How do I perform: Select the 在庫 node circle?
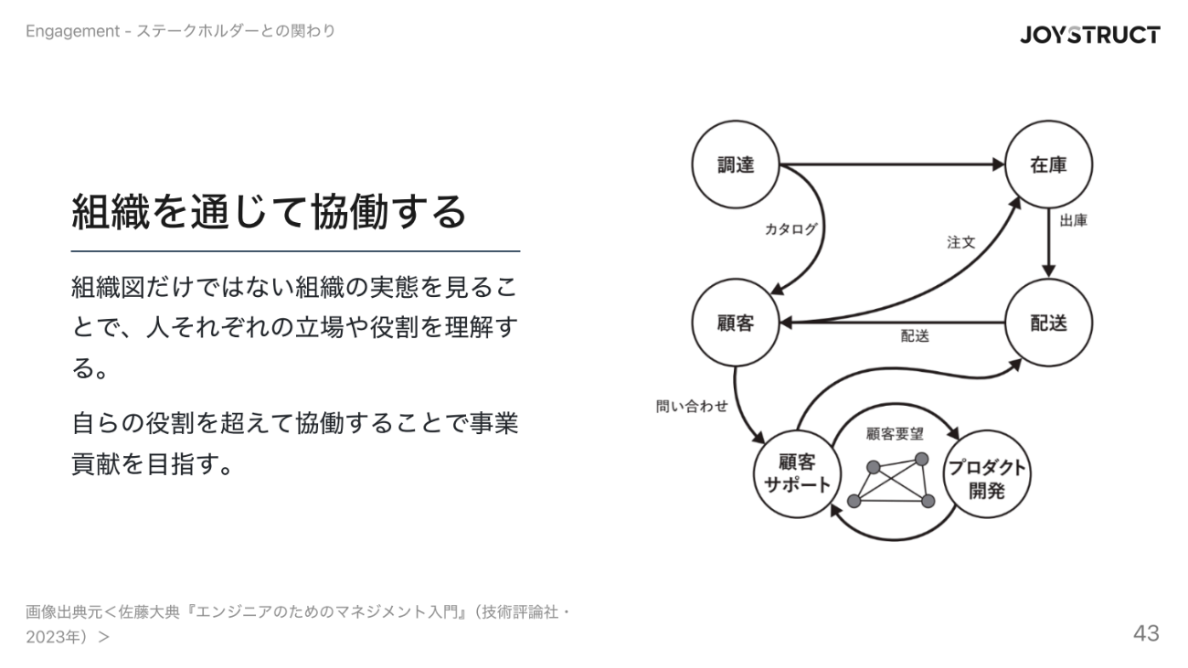(1048, 165)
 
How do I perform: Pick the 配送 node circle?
(1048, 323)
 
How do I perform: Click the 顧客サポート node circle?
(796, 473)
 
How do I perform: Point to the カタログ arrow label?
(790, 229)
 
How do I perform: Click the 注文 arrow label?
(960, 243)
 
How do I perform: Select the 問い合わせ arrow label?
(692, 406)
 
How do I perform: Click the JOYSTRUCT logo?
(1090, 35)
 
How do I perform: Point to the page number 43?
(1146, 632)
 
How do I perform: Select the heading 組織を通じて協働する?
(269, 212)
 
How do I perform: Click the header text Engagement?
(73, 32)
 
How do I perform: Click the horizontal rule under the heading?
(295, 250)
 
